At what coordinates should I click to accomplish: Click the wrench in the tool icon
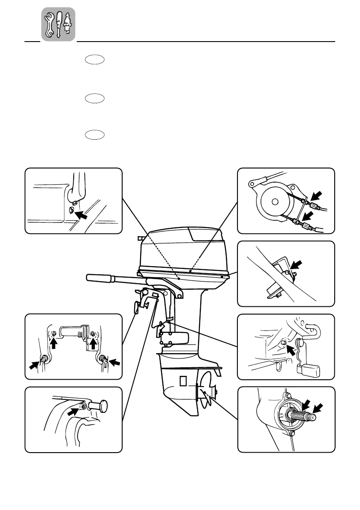50,24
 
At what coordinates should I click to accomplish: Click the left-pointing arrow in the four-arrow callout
114,363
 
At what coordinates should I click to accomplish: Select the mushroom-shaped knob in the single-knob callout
102,405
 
